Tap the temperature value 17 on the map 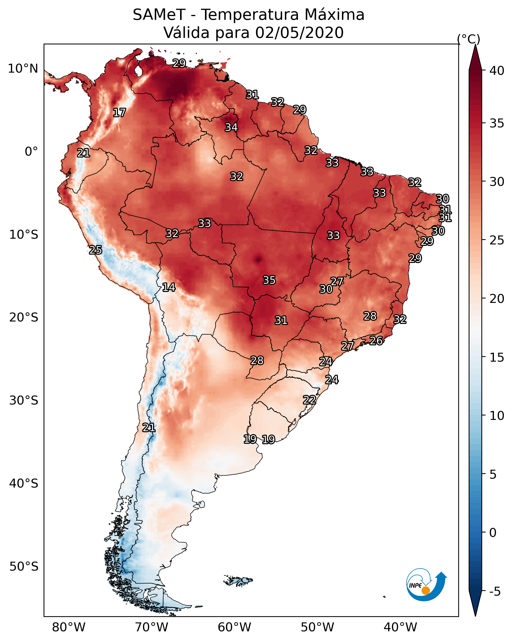point(119,113)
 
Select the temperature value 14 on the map point(169,287)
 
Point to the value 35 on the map point(269,280)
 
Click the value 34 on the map point(231,127)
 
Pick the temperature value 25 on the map point(95,250)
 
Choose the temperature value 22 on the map point(309,400)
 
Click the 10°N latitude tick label point(23,69)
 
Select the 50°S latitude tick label point(24,567)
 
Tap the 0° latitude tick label point(31,152)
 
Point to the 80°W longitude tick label point(69,627)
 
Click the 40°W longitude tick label point(400,627)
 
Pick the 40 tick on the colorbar point(497,71)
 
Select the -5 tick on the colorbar point(495,592)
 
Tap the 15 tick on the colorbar point(497,357)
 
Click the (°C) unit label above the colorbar point(468,39)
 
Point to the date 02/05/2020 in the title point(299,33)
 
